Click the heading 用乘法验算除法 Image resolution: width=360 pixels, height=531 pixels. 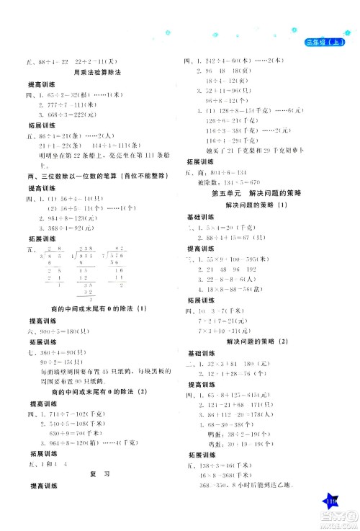(93, 73)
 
